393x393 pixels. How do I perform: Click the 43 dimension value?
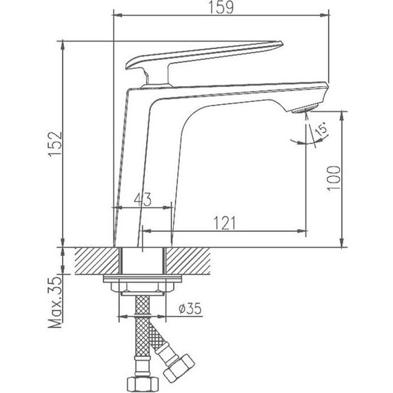point(142,201)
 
